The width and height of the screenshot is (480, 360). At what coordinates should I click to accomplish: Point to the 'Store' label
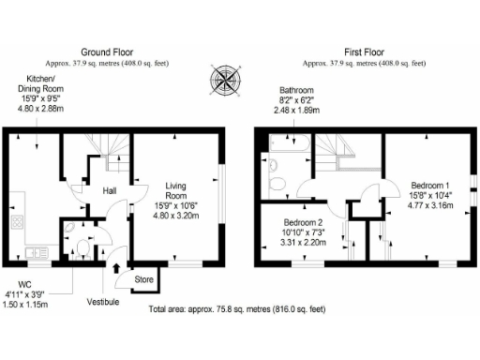point(143,278)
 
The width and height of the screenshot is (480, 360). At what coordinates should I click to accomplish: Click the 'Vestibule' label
point(103,301)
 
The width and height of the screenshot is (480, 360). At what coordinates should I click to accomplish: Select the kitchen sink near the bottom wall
point(37,252)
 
